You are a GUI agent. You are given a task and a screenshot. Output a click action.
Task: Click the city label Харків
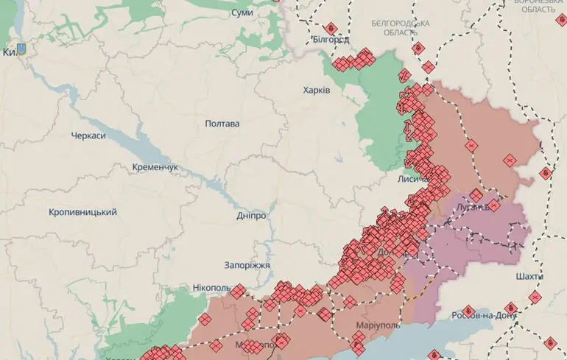317,90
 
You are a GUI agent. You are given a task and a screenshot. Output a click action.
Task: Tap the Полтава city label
222,124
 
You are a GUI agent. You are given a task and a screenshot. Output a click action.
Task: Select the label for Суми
242,13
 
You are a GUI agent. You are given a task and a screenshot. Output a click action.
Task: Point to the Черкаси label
88,136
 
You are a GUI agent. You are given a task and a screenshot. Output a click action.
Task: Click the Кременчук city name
155,168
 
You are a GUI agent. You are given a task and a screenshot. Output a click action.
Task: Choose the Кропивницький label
82,212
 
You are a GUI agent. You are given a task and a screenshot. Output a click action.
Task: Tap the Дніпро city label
251,215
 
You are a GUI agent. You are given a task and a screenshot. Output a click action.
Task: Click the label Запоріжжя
247,265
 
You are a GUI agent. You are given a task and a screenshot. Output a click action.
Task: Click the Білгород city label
330,39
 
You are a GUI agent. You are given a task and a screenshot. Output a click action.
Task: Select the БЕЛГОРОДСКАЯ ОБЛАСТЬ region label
401,28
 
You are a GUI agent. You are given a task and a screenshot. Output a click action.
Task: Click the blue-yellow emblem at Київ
21,50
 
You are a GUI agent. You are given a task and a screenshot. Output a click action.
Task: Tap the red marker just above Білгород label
331,27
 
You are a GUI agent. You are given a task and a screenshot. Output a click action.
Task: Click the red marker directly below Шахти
533,296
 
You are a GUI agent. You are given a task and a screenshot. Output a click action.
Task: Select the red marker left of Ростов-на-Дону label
468,311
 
